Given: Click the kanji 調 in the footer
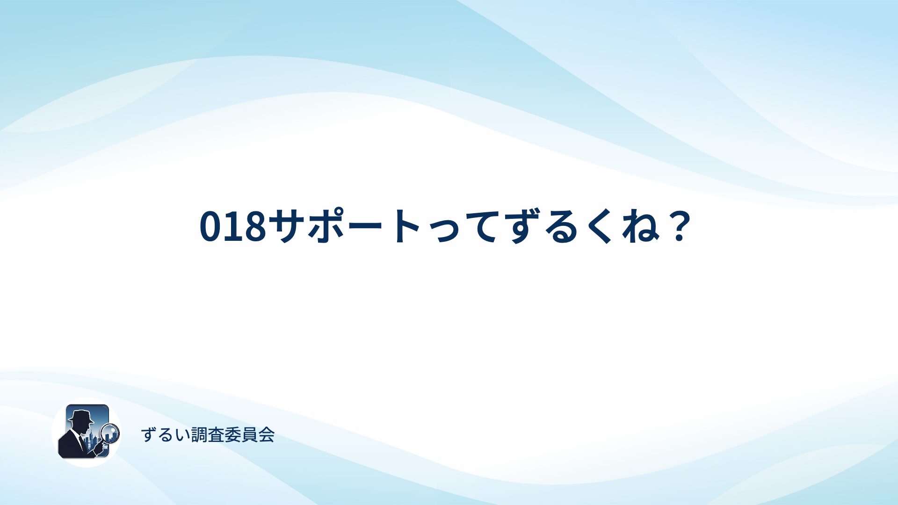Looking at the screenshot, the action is tap(200, 435).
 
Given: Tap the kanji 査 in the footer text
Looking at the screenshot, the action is tap(217, 435).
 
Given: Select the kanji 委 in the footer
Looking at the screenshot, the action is tap(233, 435).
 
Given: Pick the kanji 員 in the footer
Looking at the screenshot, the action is tap(250, 435).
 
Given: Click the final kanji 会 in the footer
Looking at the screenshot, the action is tap(267, 435).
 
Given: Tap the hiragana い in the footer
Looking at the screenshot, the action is tap(183, 435).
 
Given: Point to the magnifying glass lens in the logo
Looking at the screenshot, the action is tap(110, 433).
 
